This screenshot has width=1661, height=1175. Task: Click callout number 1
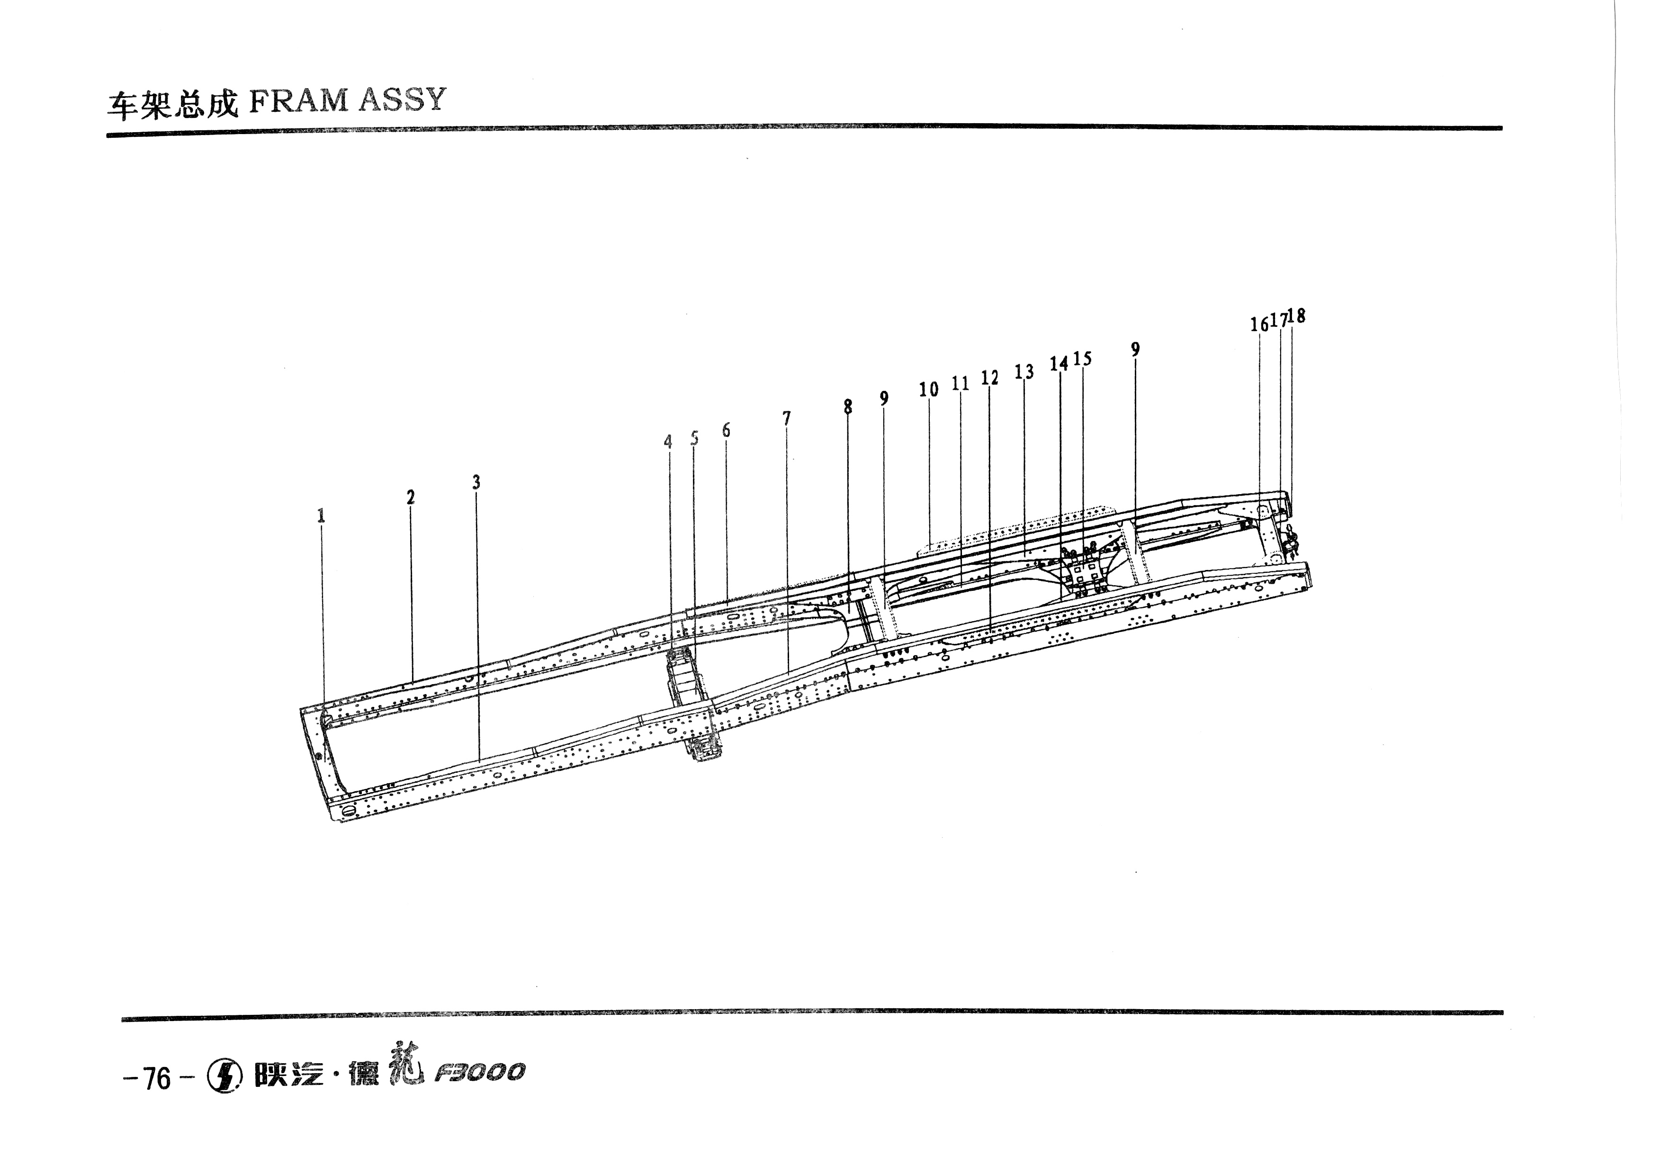(x=321, y=516)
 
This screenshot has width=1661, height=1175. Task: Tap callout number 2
(x=410, y=497)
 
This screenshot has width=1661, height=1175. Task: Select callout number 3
(x=476, y=482)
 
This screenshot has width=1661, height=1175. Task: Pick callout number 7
(x=786, y=418)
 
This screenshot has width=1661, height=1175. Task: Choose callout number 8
(x=848, y=407)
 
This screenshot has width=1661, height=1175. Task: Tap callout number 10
(x=929, y=389)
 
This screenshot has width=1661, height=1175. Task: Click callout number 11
(x=960, y=383)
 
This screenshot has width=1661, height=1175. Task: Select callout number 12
(x=990, y=378)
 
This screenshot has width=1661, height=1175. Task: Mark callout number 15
(x=1082, y=358)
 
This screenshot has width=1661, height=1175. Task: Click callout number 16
(x=1259, y=324)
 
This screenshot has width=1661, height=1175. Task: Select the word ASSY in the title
(x=402, y=100)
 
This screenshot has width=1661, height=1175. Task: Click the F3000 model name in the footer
(x=480, y=1073)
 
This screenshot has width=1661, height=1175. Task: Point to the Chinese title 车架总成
(x=172, y=104)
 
